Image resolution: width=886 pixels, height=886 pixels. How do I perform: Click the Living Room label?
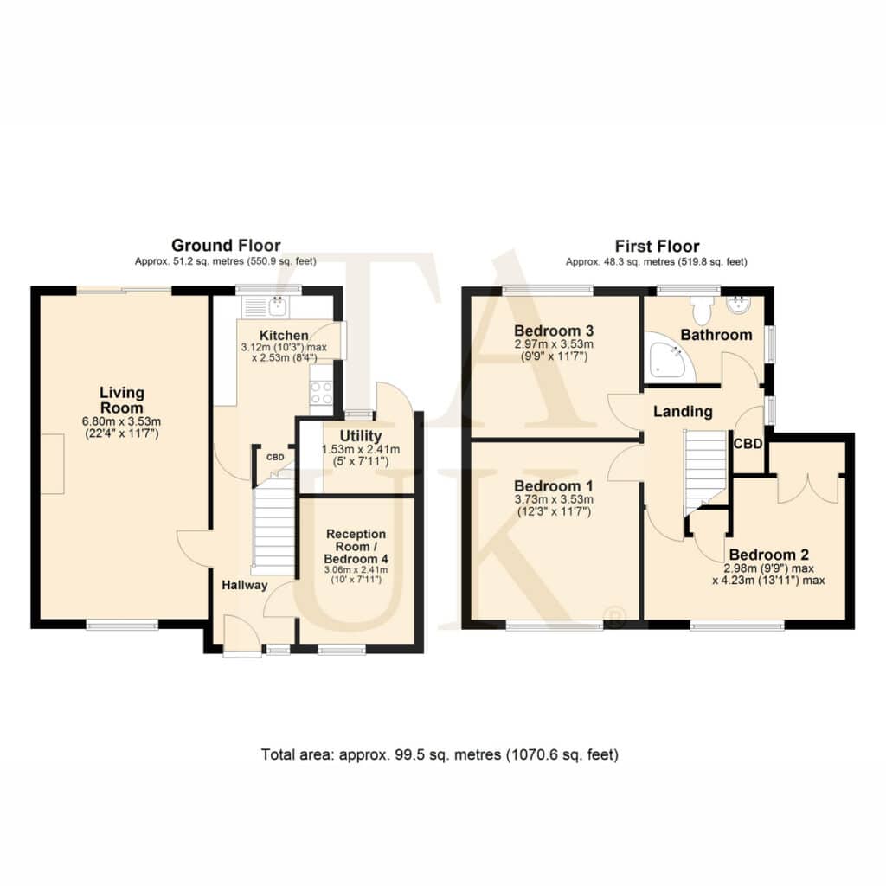(x=121, y=400)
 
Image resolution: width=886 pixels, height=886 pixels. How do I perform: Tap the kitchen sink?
(x=279, y=306)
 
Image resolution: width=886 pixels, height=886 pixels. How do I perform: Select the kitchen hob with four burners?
(x=321, y=393)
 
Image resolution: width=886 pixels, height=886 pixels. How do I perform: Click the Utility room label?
(x=361, y=436)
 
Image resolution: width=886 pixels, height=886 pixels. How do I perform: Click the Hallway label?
(x=244, y=586)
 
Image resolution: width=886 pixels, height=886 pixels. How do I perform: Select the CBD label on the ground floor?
(x=275, y=457)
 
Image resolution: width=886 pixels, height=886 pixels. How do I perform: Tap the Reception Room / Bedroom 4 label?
(x=356, y=547)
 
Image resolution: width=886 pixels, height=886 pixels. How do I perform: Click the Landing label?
(x=683, y=411)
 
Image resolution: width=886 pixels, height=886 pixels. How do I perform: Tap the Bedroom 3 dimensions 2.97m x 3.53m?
(x=554, y=344)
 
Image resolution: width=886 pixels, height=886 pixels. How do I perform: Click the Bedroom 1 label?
(x=554, y=486)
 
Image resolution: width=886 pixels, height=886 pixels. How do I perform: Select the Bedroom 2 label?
(x=768, y=555)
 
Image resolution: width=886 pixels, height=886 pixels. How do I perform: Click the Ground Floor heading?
(x=226, y=246)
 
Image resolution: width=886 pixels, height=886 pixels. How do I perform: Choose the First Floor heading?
(x=657, y=247)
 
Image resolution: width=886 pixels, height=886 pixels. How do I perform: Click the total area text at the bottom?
(x=440, y=754)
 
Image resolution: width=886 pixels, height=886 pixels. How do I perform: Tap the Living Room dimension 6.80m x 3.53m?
(x=121, y=421)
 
